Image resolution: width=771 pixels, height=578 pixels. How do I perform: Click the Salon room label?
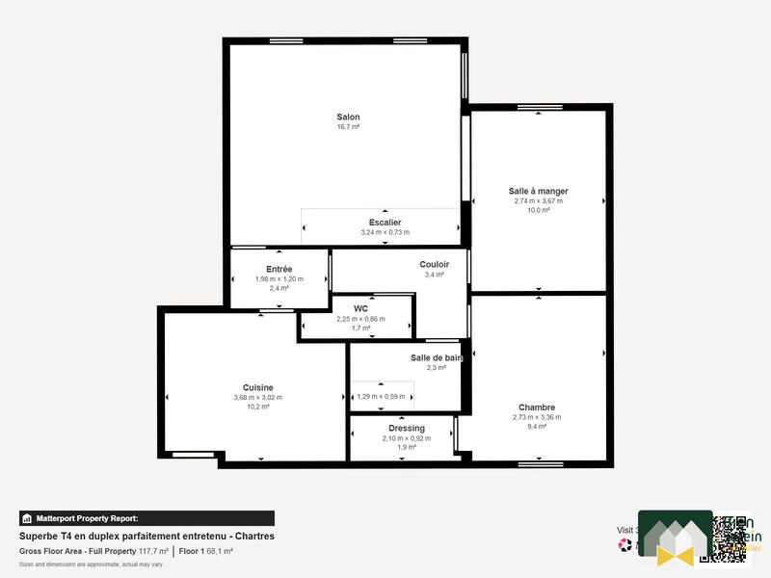point(348,117)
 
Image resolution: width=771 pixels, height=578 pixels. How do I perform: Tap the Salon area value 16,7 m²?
point(348,127)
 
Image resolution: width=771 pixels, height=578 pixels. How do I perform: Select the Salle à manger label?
point(538,191)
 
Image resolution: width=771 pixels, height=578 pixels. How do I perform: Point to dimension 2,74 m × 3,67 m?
point(538,201)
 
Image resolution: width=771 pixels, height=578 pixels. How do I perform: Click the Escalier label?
point(385,223)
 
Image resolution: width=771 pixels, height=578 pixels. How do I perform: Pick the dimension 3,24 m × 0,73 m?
point(385,232)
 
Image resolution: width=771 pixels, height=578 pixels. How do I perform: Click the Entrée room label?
point(279,269)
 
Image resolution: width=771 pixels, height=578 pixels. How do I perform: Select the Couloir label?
point(434,264)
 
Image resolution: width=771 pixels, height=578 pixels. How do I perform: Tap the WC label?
point(360,308)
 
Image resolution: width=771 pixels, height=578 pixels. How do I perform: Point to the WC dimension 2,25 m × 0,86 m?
point(360,319)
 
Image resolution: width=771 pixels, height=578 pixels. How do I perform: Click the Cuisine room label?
point(257,387)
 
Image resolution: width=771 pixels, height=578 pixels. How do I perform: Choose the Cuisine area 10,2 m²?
point(257,407)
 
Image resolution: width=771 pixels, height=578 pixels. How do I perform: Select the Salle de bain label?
point(436,357)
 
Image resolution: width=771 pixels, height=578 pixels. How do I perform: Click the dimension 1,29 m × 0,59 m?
point(382,396)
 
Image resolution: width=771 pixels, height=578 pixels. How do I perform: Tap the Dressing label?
point(406,428)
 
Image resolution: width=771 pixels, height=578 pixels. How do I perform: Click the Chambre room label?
point(536,407)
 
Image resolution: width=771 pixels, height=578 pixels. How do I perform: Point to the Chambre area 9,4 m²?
point(536,427)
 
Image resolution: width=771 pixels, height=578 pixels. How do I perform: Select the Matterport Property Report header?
point(86,518)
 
